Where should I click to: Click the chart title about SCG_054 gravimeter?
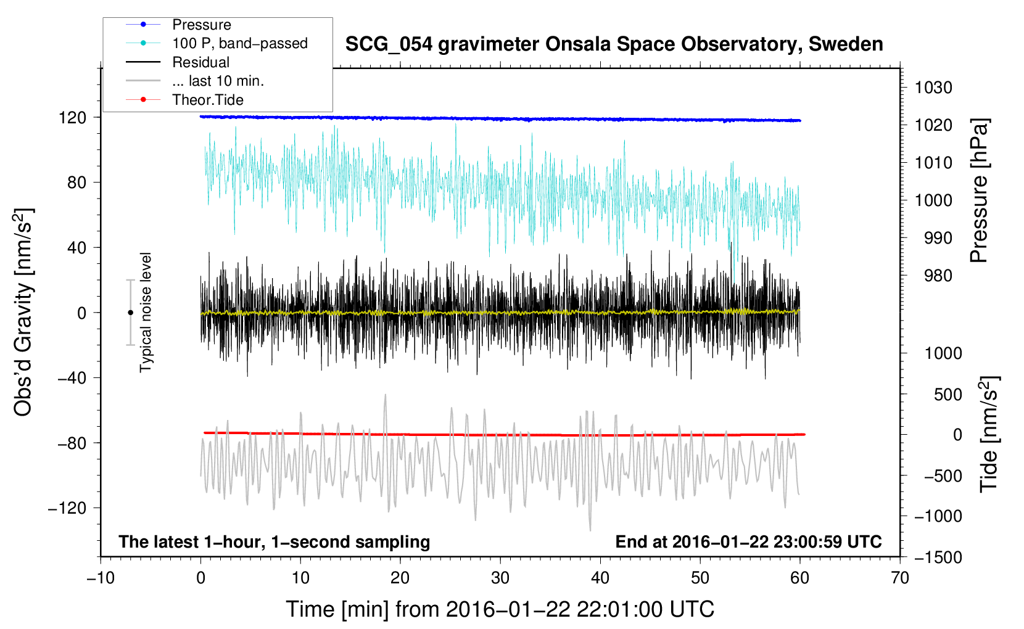point(614,44)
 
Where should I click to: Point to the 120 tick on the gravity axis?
point(72,117)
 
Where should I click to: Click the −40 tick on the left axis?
point(72,378)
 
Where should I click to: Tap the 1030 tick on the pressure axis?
point(933,88)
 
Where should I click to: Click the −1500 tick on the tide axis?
point(938,557)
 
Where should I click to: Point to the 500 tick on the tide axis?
point(948,394)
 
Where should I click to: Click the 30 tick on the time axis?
point(500,578)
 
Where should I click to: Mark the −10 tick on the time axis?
point(101,578)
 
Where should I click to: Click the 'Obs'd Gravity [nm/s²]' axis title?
point(23,312)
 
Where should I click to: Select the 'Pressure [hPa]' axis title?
point(979,191)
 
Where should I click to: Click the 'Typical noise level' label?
point(146,312)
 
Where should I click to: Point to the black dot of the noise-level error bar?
point(130,313)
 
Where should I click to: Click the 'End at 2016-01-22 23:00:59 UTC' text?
point(748,541)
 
